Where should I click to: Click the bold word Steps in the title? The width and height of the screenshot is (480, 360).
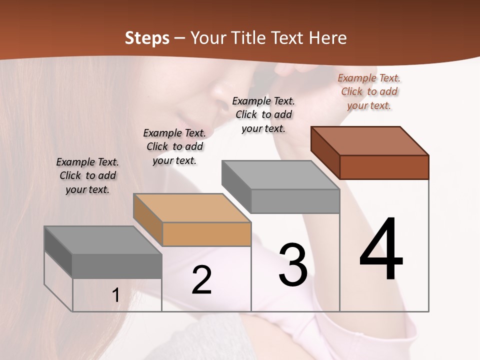click(147, 38)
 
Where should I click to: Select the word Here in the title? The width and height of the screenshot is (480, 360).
click(326, 38)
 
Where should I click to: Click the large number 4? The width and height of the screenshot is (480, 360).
click(381, 249)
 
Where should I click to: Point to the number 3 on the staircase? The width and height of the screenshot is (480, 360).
click(293, 264)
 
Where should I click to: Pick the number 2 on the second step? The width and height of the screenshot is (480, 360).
click(201, 279)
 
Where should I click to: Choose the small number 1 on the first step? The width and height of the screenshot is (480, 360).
click(116, 295)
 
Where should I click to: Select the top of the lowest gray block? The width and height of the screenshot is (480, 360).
click(103, 240)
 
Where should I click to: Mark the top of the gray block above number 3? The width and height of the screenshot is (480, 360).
click(280, 175)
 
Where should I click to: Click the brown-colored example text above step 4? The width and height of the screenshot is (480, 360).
click(369, 91)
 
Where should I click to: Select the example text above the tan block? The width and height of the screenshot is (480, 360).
click(174, 146)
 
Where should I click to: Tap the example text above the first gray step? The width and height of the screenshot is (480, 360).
click(87, 175)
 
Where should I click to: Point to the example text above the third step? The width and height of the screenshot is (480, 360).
click(263, 114)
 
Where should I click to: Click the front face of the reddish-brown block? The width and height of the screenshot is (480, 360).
click(384, 167)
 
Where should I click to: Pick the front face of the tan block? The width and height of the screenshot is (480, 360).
click(207, 234)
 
